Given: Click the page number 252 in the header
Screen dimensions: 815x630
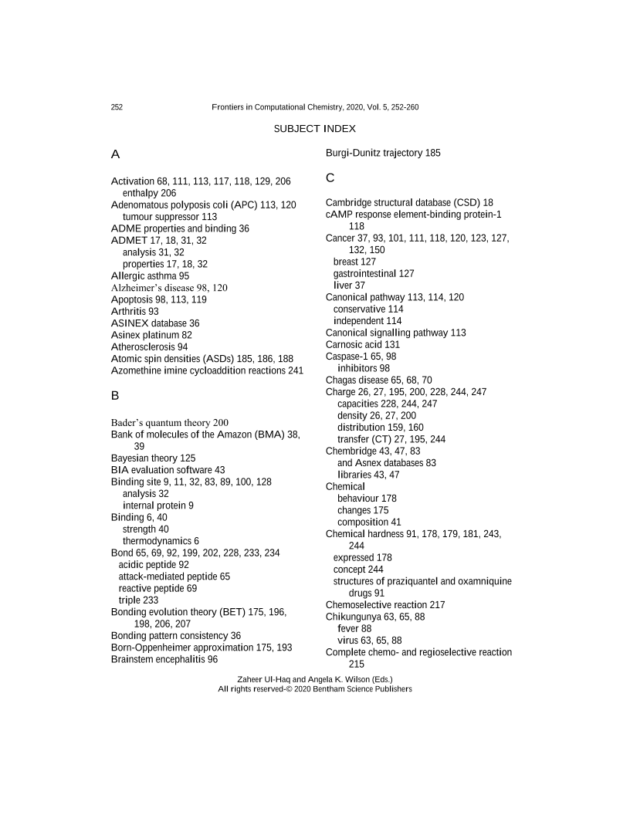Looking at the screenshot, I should [x=117, y=107].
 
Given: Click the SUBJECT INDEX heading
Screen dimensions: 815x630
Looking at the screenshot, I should [x=315, y=128].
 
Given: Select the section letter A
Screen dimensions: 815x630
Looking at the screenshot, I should [x=115, y=154].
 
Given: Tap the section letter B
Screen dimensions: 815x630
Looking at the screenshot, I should [x=115, y=396].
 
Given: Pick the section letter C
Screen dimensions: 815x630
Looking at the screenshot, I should [x=330, y=178].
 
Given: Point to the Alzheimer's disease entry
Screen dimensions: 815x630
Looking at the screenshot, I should [x=169, y=288].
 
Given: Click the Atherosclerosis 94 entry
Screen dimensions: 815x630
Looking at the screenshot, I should [x=149, y=347].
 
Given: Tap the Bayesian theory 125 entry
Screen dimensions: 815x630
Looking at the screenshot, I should [x=153, y=458].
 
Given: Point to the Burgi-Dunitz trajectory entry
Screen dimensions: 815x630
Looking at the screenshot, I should [x=383, y=154].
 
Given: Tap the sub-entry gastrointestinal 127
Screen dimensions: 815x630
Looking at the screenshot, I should [x=374, y=273].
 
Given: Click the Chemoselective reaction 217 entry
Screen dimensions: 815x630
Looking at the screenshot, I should [x=384, y=605].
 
